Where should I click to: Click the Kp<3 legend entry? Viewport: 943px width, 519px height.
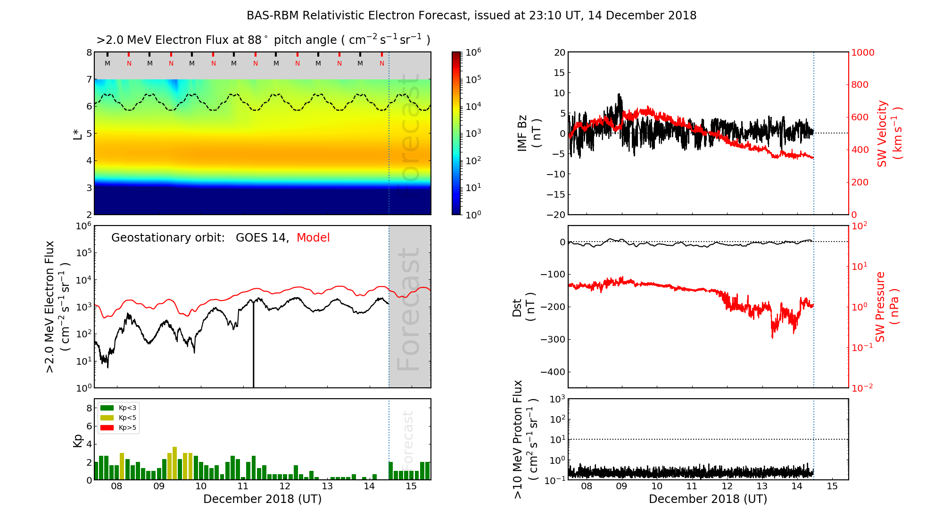pos(118,408)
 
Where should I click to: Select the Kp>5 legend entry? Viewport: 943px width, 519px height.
pos(118,428)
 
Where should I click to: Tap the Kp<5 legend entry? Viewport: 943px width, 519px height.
pos(118,418)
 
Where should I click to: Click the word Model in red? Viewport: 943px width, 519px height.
pos(313,238)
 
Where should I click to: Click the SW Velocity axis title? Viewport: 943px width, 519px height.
pos(889,134)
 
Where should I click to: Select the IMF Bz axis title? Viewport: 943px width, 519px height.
pos(529,134)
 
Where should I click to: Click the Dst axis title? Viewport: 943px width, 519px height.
pos(523,307)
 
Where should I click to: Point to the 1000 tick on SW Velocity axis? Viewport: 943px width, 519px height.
pos(862,52)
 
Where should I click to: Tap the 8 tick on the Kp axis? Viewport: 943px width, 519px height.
pos(89,408)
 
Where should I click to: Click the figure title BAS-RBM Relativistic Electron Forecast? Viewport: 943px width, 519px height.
pos(471,16)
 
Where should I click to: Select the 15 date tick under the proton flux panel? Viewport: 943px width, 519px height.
pos(832,486)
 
